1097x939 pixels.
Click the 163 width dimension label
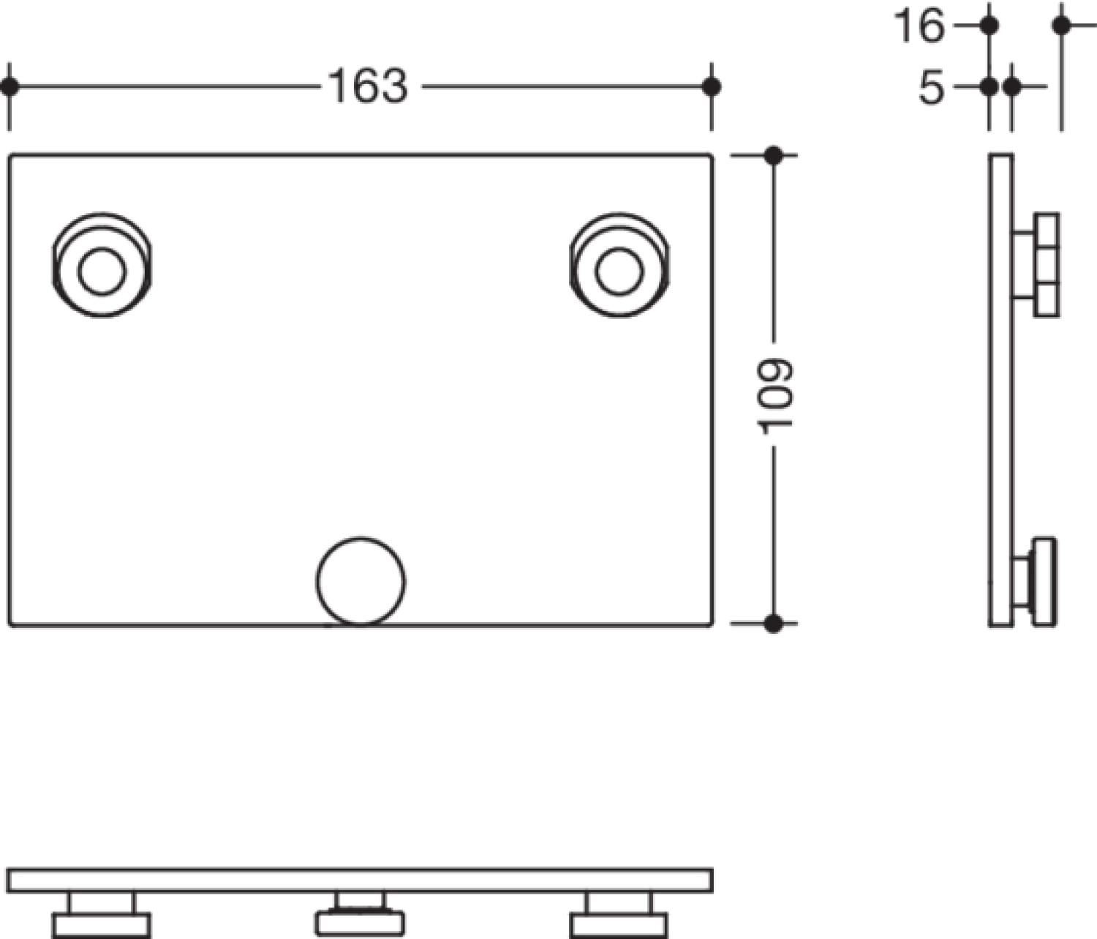(x=368, y=86)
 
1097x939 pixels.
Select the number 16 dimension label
(x=920, y=26)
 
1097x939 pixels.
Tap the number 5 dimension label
(x=932, y=87)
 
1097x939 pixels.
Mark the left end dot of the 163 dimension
(x=9, y=86)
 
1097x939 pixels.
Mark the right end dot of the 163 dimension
(x=711, y=86)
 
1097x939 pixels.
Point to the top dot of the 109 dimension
(x=774, y=155)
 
